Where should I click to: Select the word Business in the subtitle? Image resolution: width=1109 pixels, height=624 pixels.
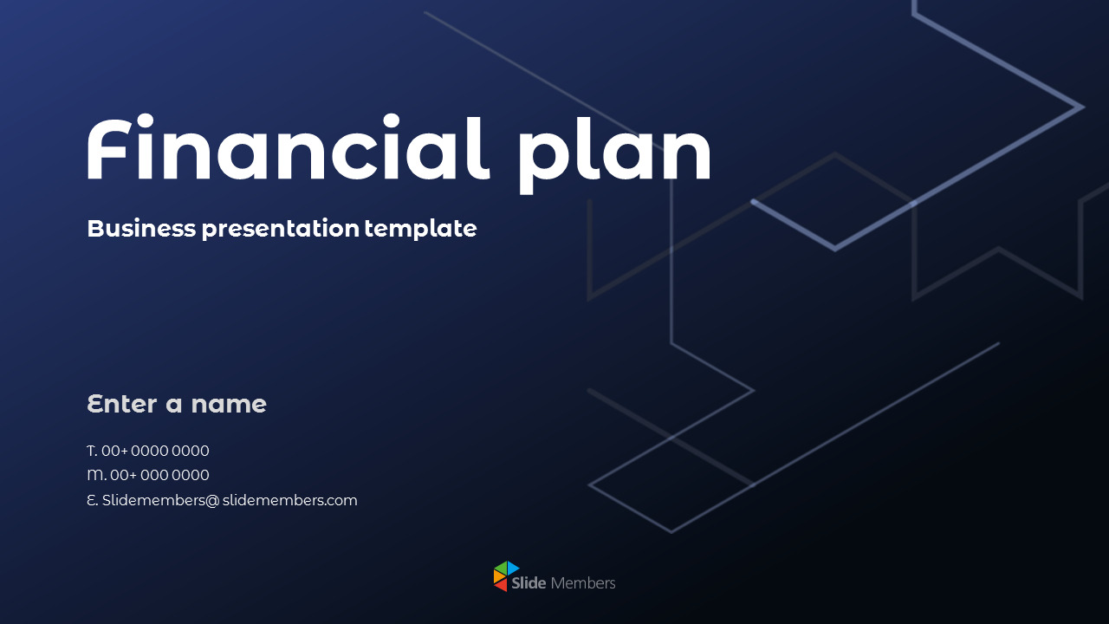(141, 229)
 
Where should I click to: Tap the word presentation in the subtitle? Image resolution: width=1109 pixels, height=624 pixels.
(280, 229)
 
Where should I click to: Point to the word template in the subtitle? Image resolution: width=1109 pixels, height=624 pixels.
(420, 229)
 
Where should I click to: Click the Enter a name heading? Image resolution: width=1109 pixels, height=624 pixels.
(177, 404)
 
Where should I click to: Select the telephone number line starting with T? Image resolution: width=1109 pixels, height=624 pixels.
(148, 451)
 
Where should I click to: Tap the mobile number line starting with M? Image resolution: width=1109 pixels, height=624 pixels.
(148, 475)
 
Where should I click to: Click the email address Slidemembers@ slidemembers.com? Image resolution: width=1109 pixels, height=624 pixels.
(222, 500)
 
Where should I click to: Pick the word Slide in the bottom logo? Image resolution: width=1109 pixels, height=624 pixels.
(529, 583)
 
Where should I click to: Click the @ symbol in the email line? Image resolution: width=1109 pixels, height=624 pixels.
(212, 501)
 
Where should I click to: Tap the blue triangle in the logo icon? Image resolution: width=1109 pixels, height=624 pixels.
(513, 569)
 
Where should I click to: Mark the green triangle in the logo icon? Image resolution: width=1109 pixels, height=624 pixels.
(500, 568)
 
